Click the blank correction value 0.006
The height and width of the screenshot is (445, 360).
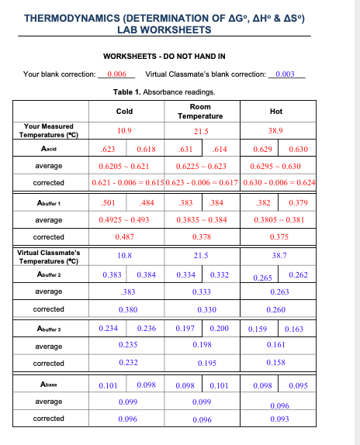coord(119,74)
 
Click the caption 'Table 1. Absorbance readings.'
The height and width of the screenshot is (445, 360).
coord(164,92)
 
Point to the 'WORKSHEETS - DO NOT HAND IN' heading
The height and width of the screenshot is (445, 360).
coord(164,57)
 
